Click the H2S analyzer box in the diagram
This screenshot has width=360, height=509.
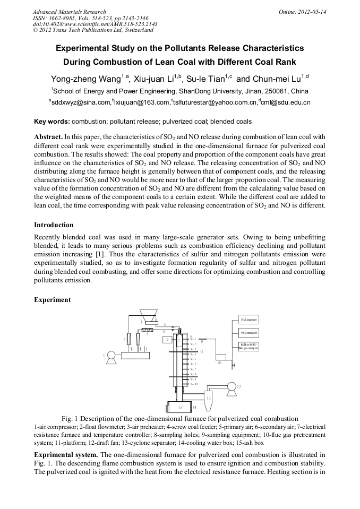click(248, 320)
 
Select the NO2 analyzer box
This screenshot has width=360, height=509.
click(248, 333)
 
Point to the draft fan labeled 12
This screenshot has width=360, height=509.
click(231, 386)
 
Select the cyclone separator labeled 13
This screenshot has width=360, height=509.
click(208, 396)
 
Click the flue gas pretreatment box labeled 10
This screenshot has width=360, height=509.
click(219, 356)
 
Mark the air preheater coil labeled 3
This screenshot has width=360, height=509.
click(150, 330)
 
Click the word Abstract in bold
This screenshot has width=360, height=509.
click(48, 136)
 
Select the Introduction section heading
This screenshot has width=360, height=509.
click(54, 225)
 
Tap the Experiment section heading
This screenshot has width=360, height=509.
click(52, 300)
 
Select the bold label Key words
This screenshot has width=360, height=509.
click(52, 121)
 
